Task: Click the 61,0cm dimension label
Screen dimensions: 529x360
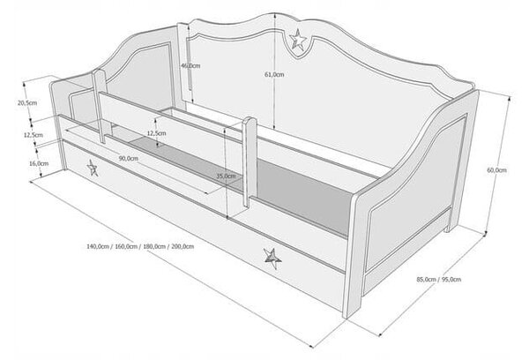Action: [x=274, y=75]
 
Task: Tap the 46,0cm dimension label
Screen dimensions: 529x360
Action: [x=190, y=65]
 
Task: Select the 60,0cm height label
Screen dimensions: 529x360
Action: [x=496, y=170]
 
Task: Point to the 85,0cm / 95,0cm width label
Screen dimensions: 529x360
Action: [x=438, y=280]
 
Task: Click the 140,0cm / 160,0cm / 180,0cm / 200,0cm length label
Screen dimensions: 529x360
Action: [x=140, y=246]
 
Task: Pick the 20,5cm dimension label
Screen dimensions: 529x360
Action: [x=27, y=102]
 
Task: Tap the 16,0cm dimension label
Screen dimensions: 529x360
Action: [x=39, y=163]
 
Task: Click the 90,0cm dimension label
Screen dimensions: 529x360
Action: [x=128, y=158]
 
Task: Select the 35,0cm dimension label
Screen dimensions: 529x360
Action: [x=226, y=176]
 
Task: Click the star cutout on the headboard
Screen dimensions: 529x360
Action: [x=298, y=40]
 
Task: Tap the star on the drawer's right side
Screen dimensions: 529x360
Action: [x=272, y=259]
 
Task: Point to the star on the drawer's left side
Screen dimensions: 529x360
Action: [x=92, y=168]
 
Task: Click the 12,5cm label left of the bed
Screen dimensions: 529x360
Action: [x=34, y=135]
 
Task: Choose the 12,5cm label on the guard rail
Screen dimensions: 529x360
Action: [x=156, y=133]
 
